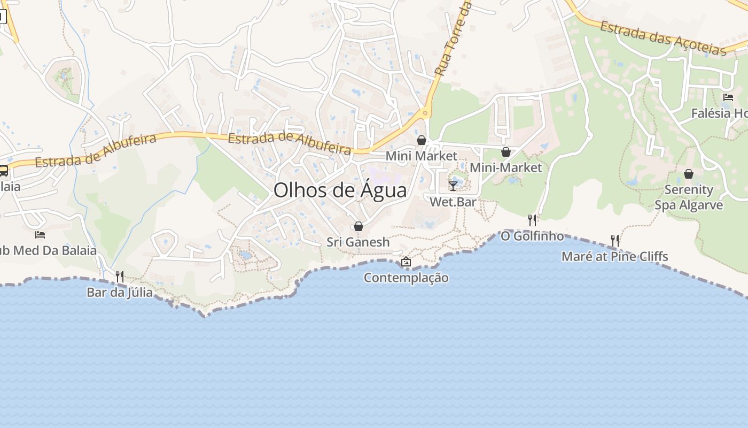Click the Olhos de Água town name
point(340,190)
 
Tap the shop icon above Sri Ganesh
point(359,227)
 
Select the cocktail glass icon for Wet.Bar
point(453,186)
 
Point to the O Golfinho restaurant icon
point(532,220)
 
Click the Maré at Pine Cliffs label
point(614,257)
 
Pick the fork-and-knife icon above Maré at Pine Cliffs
point(615,241)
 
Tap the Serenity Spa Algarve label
point(689,197)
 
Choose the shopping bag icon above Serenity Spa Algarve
point(689,174)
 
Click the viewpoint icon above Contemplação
point(406,262)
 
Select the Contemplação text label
point(406,278)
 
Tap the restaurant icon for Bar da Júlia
point(120,277)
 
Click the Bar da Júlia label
point(120,293)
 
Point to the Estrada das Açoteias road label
point(663,37)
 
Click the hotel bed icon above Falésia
point(728,97)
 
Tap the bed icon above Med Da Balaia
point(40,234)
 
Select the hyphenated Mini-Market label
point(505,167)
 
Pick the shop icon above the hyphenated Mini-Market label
point(505,152)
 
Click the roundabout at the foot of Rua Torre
point(425,113)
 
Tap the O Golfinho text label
point(532,236)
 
